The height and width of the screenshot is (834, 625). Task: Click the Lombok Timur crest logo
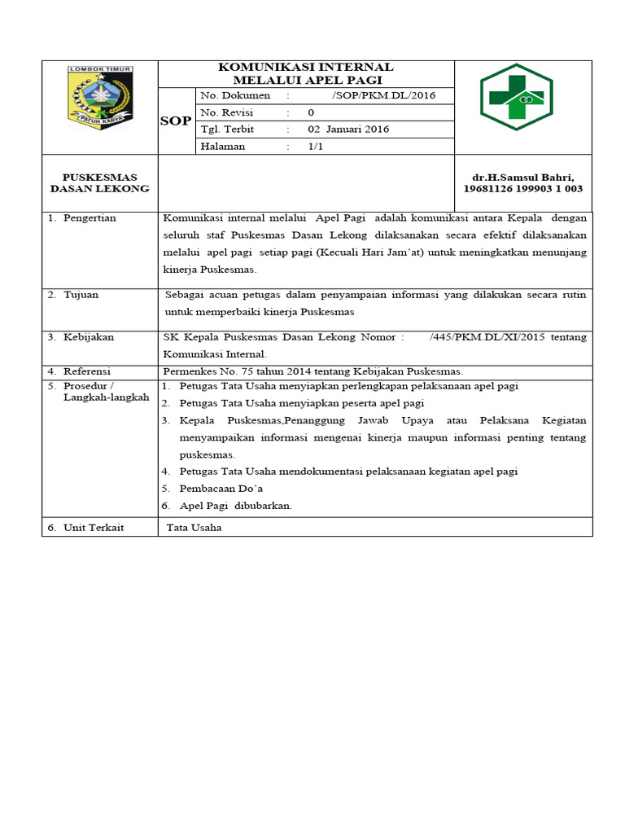tap(100, 96)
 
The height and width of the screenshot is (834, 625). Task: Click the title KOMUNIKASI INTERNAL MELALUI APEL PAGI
tap(307, 73)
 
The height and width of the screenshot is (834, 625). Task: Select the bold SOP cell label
tap(175, 121)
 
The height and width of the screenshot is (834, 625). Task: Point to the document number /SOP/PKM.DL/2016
tap(384, 95)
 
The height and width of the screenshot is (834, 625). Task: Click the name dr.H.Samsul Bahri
tap(522, 178)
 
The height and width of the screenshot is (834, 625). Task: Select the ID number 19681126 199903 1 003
tap(522, 189)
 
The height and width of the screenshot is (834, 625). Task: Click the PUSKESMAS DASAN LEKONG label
tap(100, 182)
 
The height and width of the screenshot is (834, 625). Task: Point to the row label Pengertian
tap(89, 218)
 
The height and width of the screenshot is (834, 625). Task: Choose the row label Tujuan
tap(81, 294)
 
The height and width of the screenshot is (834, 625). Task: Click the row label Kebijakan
tap(89, 336)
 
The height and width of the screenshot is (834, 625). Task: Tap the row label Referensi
tap(87, 371)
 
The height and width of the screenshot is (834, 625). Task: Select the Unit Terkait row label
tap(94, 528)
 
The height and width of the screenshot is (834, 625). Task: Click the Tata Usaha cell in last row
tap(194, 528)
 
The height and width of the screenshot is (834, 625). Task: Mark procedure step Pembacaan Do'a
tap(221, 488)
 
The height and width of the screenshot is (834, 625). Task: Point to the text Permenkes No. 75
tap(203, 371)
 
